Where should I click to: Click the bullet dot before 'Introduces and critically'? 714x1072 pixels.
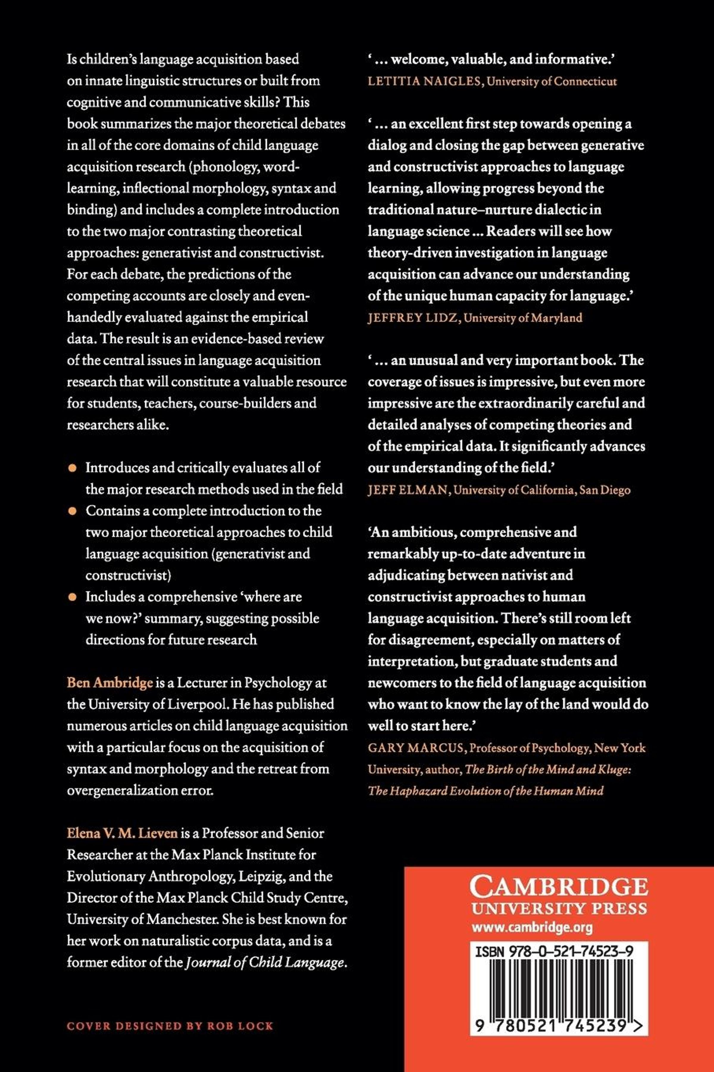(x=72, y=469)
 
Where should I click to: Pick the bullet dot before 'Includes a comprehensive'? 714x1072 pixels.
(x=72, y=598)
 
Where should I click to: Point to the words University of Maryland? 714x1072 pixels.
(x=523, y=318)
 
